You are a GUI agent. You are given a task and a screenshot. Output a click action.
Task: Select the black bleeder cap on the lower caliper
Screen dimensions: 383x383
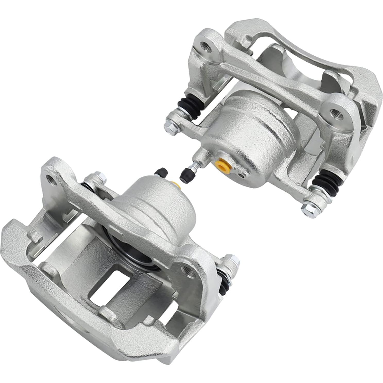(161, 172)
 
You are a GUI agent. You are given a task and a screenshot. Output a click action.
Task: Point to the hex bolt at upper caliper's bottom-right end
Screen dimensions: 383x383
(308, 208)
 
